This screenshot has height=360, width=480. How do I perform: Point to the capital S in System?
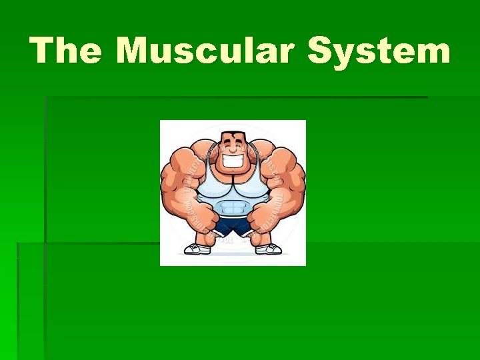tap(321, 51)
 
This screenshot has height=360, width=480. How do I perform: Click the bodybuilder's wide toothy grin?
tap(233, 161)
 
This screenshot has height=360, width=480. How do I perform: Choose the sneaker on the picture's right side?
tap(269, 249)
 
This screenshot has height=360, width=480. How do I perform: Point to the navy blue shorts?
tap(233, 227)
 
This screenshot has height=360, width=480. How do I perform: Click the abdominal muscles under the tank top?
tap(233, 201)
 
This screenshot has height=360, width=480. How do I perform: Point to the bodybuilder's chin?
tap(233, 171)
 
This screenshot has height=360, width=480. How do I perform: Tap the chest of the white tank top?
tap(233, 183)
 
